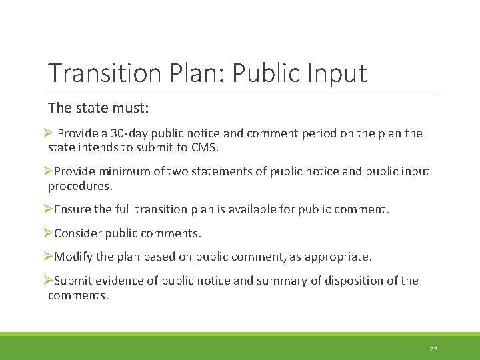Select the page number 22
(x=433, y=349)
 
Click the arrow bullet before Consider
(x=48, y=233)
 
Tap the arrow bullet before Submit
(x=48, y=281)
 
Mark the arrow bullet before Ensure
(x=48, y=209)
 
